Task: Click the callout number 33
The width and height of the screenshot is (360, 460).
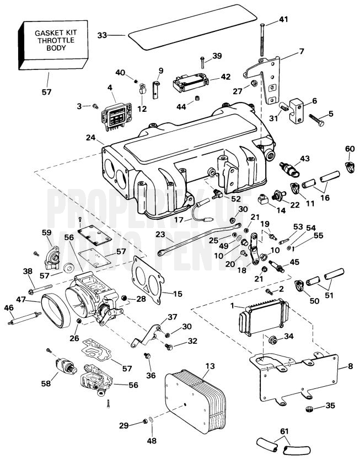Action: click(102, 35)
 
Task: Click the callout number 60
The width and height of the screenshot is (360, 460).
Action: click(349, 149)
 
